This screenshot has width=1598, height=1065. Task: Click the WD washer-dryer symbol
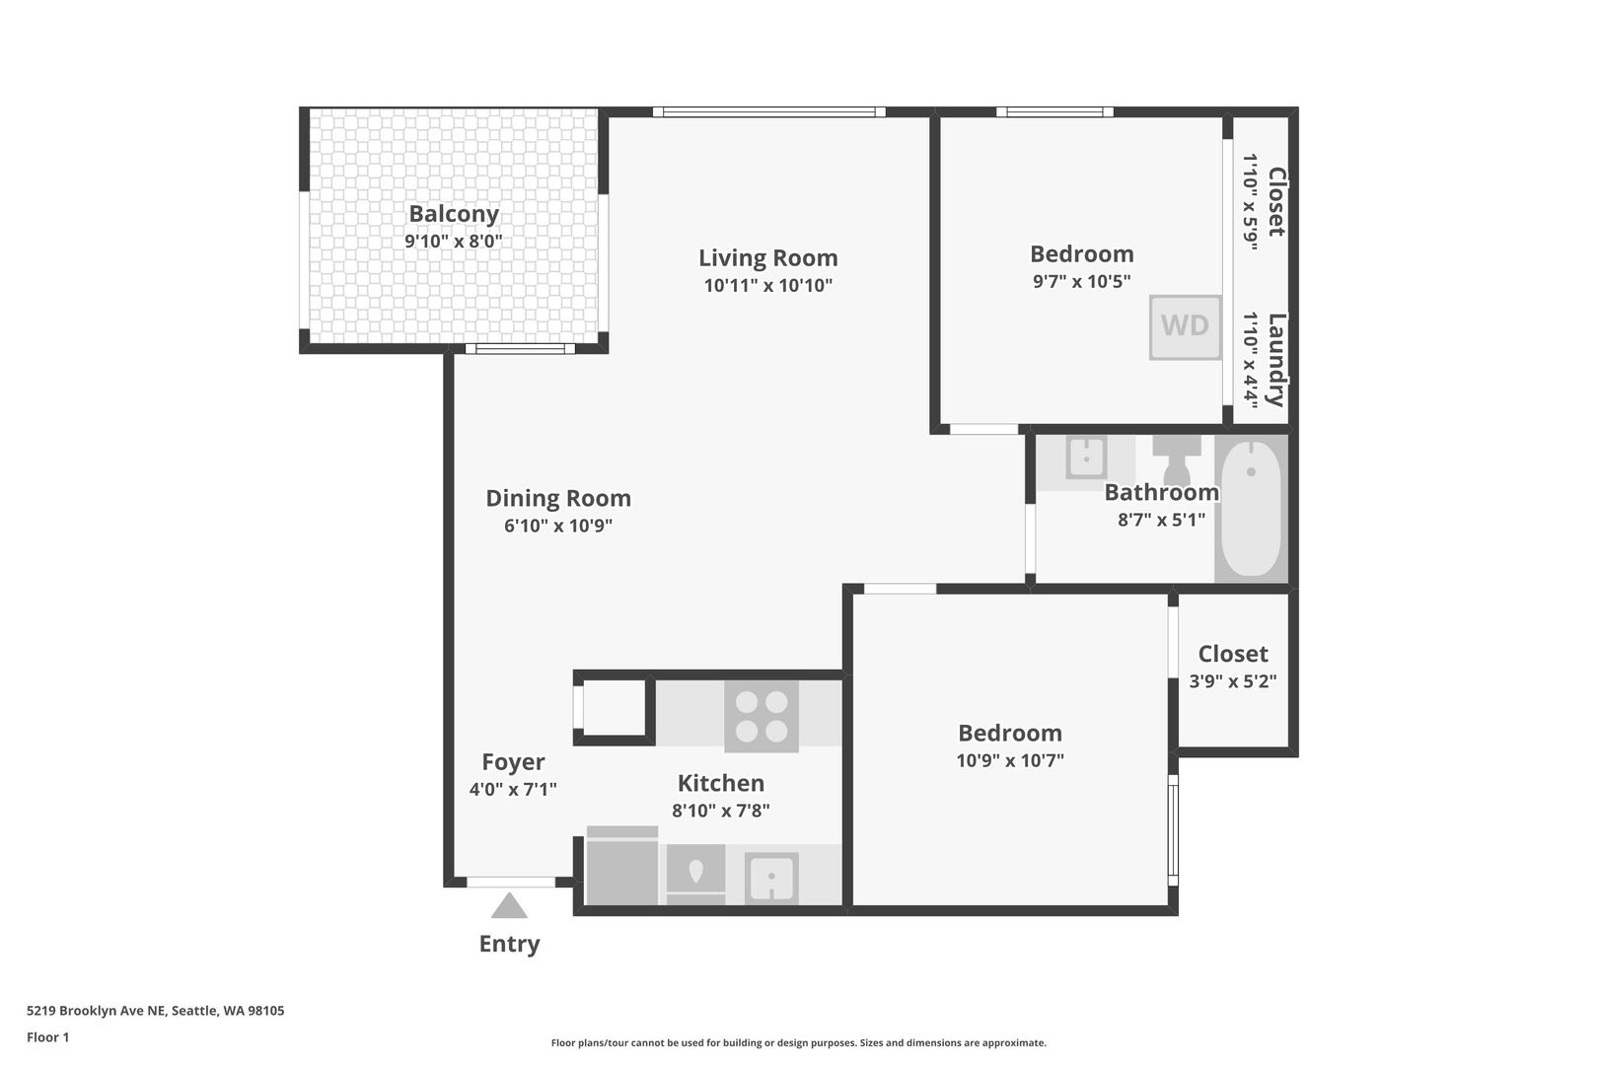[x=1185, y=326]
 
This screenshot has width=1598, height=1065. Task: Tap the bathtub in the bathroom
[x=1252, y=509]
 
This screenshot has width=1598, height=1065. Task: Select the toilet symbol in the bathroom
[x=1177, y=460]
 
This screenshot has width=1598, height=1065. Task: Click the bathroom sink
[x=1086, y=457]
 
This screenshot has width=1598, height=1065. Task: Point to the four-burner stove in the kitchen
[x=762, y=716]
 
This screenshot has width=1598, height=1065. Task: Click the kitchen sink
[x=771, y=878]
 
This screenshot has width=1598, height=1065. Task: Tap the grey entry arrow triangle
[x=509, y=905]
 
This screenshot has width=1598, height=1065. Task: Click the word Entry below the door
[x=509, y=944]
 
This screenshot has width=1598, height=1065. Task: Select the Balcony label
[x=454, y=213]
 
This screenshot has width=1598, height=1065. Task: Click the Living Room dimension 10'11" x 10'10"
[x=768, y=285]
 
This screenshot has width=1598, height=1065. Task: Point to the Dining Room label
[x=558, y=498]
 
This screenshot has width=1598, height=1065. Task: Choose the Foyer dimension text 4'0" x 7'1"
[x=513, y=789]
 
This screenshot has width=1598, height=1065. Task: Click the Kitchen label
[x=720, y=783]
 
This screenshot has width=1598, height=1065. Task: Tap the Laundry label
[x=1276, y=360]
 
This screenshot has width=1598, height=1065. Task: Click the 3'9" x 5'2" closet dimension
[x=1233, y=681]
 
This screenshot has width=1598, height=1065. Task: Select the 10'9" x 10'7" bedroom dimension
[x=1010, y=760]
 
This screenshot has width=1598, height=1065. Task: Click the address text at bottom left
[x=156, y=1011]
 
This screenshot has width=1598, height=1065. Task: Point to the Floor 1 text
[x=47, y=1037]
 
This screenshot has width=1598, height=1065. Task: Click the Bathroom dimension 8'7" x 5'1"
[x=1161, y=520]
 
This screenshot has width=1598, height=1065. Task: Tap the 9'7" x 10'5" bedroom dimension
[x=1081, y=281]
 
